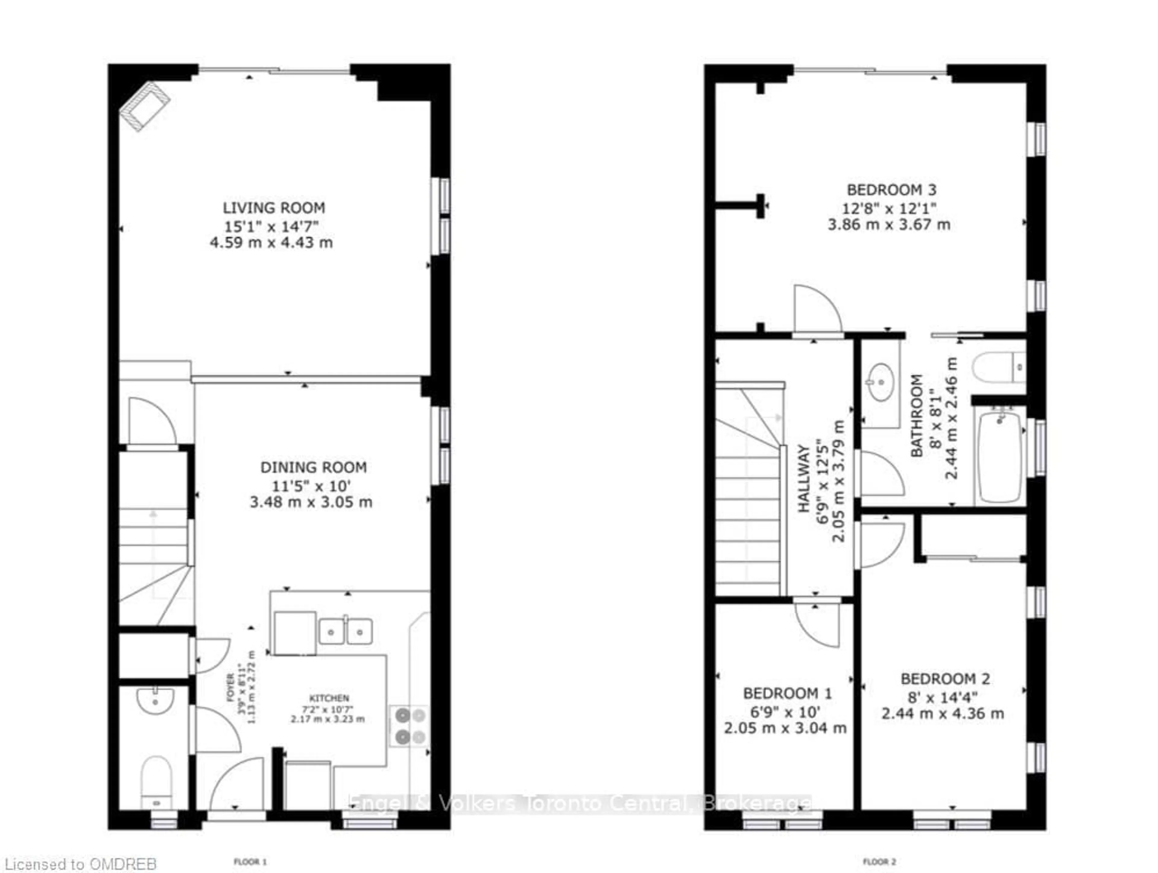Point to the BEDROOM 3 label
tap(891, 190)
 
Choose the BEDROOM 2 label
tap(945, 679)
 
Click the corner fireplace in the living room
tap(144, 106)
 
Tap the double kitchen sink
tap(346, 632)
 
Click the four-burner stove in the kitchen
tap(410, 726)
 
